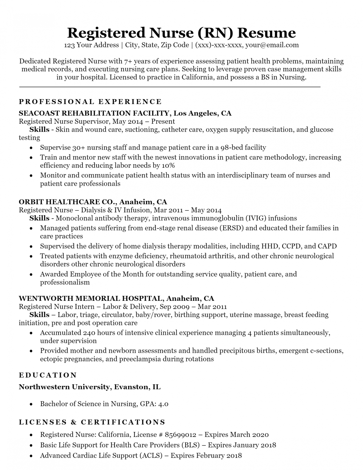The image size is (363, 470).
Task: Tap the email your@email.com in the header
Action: click(x=272, y=45)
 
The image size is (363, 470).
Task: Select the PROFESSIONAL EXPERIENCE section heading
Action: click(x=90, y=102)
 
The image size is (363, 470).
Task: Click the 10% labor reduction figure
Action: click(x=168, y=166)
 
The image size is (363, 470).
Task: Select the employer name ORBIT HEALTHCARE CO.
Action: click(x=68, y=202)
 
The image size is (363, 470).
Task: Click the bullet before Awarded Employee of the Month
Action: click(x=31, y=275)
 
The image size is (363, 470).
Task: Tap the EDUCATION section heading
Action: click(x=48, y=375)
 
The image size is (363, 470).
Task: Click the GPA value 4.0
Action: click(x=163, y=404)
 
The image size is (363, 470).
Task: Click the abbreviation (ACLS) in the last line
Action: click(x=151, y=455)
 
